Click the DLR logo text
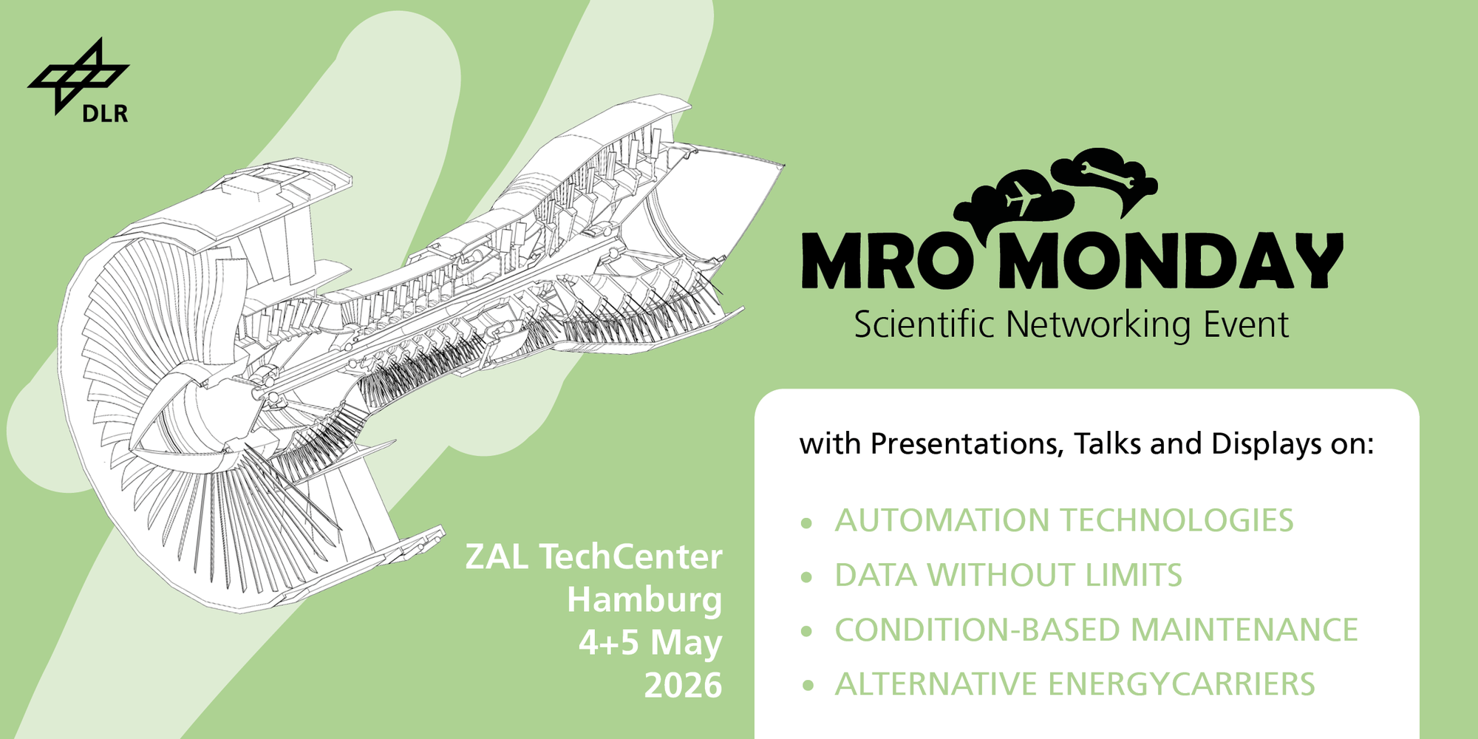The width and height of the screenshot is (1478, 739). click(105, 113)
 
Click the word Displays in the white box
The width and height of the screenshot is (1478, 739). click(1266, 444)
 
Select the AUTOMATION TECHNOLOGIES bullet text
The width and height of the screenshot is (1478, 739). click(1064, 520)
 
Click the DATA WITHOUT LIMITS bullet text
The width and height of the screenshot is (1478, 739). click(1008, 575)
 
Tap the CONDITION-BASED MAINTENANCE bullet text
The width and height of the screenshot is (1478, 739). click(1096, 630)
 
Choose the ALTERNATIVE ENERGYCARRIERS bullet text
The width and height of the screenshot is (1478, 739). click(1075, 684)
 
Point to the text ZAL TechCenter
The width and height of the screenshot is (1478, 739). click(593, 556)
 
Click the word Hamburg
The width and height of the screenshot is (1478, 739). click(644, 600)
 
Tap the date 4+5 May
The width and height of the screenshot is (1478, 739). click(650, 643)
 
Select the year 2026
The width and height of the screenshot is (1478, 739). click(683, 686)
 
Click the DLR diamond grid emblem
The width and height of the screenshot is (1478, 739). click(78, 76)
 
